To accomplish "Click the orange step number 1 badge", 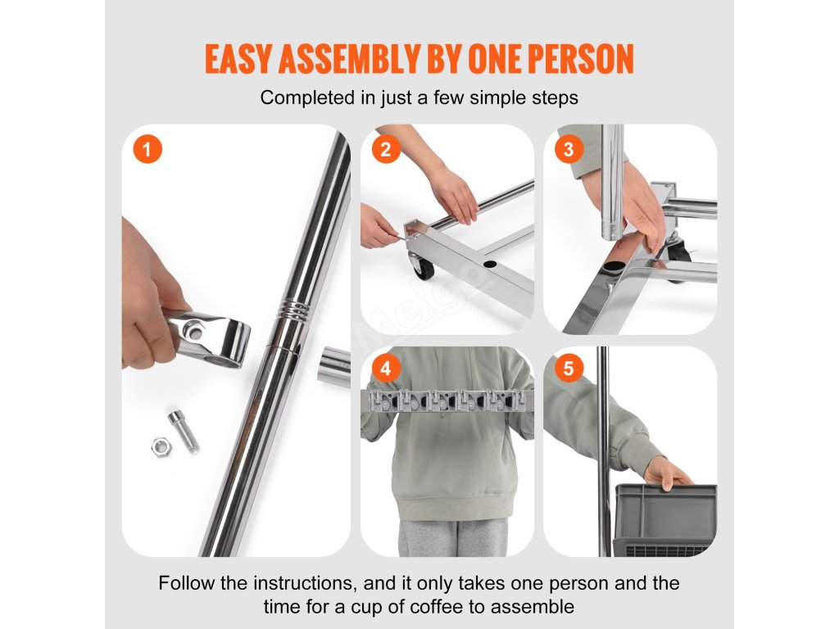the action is [147, 149].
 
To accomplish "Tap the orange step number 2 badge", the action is [386, 149].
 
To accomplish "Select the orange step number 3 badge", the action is [569, 149].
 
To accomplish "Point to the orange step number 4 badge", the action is [386, 369].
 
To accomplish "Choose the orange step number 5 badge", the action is [569, 369].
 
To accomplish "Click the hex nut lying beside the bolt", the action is [161, 446].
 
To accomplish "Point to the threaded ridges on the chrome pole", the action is [294, 309].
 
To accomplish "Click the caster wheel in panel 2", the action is [421, 266].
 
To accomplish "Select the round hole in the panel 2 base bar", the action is [489, 265].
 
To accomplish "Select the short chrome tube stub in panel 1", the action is [334, 366].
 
